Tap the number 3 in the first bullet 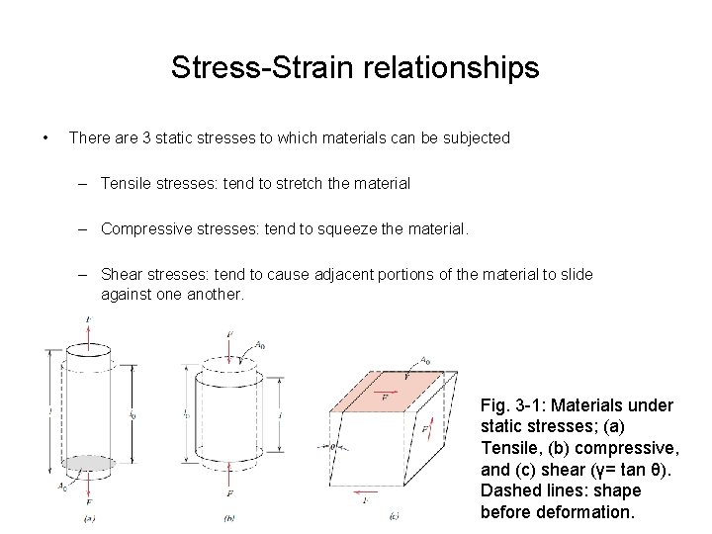[x=146, y=138]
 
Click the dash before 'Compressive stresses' [x=86, y=228]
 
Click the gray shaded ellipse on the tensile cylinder [x=90, y=463]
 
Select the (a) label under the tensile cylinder [x=90, y=516]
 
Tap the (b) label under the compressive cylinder [x=229, y=516]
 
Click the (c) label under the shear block [x=394, y=515]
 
